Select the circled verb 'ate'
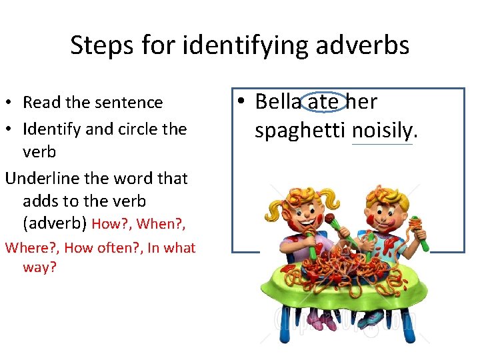click(x=324, y=102)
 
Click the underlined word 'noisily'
click(x=382, y=130)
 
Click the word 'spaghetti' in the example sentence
click(x=300, y=130)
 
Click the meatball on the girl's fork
click(x=329, y=219)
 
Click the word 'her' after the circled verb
click(x=362, y=102)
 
